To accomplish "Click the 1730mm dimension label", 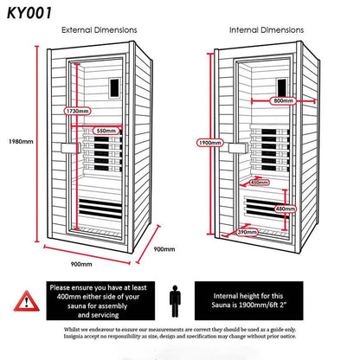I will pos(79,112).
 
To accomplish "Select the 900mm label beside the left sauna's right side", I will pos(164,248).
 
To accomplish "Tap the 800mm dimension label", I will pos(282,101).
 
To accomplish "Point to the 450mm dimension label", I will pos(259,183).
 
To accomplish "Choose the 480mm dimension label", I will pos(285,209).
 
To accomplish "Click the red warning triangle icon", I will pos(27,300).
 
